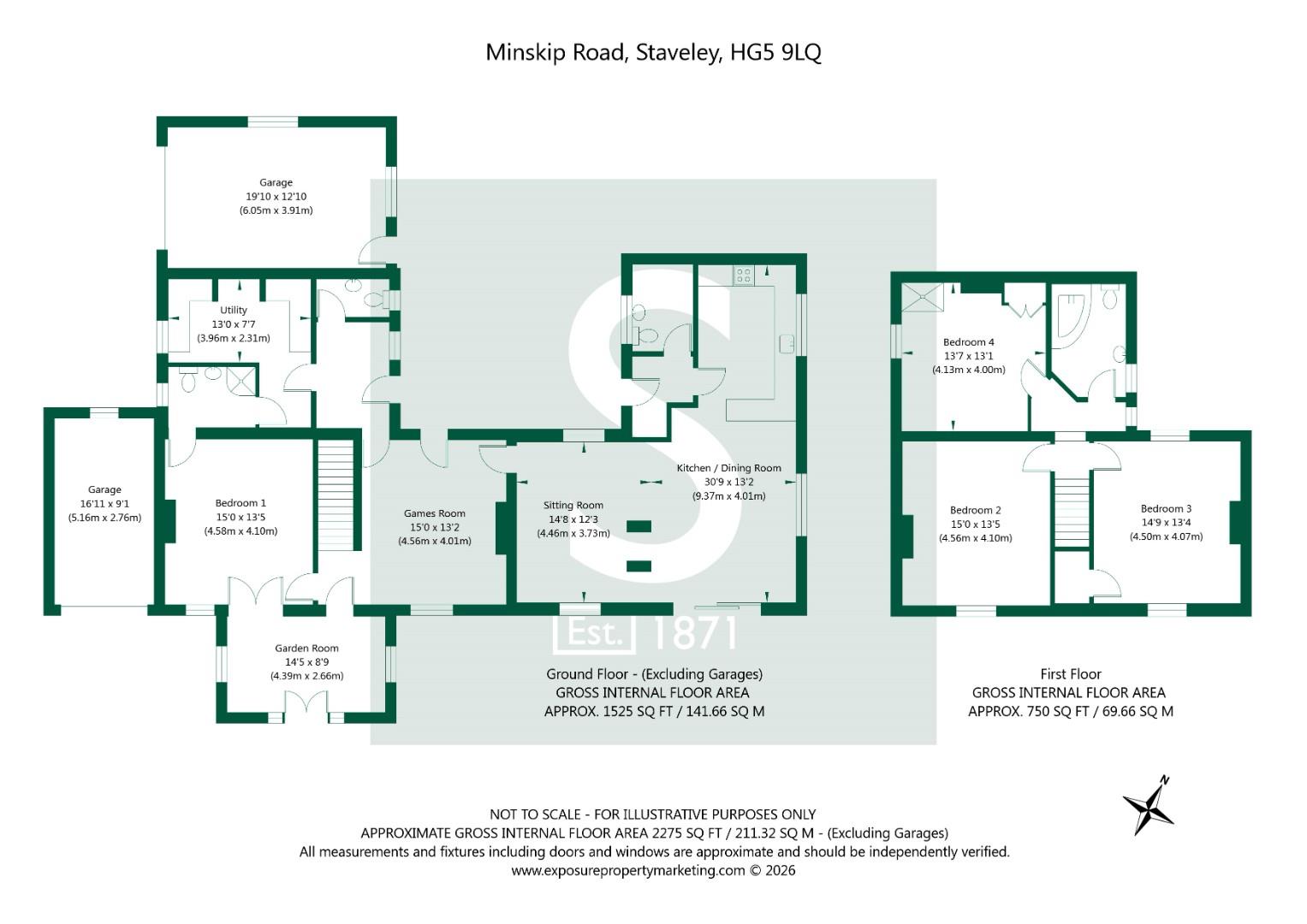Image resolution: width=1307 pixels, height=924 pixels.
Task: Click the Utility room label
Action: coord(234,311)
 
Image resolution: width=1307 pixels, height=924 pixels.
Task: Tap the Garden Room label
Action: coord(306,649)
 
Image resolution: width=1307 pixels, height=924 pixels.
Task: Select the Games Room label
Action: coord(435,514)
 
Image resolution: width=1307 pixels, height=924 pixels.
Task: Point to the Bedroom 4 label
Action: coord(968,342)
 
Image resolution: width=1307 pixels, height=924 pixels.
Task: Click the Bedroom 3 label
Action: coord(1166,509)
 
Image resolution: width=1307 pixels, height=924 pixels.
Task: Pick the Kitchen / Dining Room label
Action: coord(728,468)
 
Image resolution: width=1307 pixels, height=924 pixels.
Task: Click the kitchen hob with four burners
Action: coord(743,275)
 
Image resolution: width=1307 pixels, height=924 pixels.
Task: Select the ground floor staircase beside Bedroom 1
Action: coord(336,496)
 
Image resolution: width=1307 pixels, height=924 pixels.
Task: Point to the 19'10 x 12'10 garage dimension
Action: coord(276,197)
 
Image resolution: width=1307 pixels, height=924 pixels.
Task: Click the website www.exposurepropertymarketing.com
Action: coord(628,871)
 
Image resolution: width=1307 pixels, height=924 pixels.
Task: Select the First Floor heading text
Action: coord(1070,674)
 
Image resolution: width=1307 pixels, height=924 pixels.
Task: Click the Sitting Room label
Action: coord(573,506)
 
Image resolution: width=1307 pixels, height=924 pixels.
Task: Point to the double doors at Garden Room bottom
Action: coord(306,708)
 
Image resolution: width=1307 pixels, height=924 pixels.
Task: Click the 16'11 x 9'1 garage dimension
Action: coord(104,504)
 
